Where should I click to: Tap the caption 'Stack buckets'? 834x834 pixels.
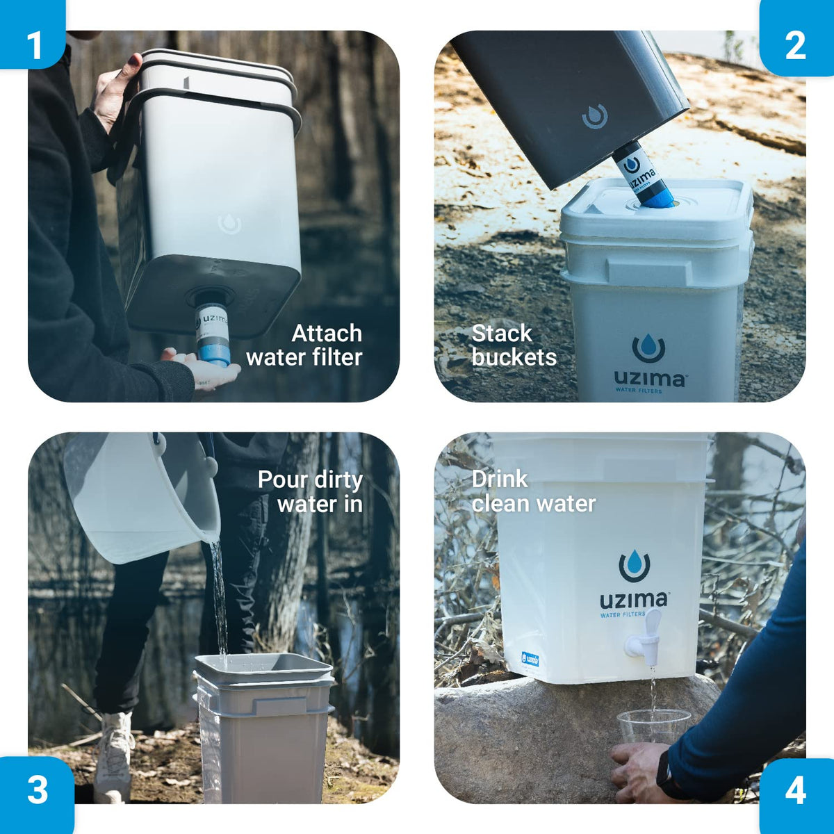pos(514,345)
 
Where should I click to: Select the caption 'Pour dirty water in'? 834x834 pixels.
pos(311,491)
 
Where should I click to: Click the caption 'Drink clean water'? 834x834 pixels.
pos(533,491)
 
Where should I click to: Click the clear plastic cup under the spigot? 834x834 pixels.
pos(653,726)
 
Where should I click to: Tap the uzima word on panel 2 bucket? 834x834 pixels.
pos(649,379)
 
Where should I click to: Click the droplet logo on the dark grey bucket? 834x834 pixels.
pos(595,117)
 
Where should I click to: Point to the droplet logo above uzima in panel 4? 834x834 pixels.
pos(634,566)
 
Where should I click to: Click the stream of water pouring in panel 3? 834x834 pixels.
pos(219,598)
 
